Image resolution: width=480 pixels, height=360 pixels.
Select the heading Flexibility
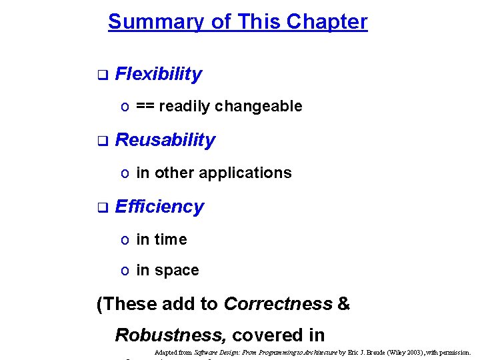158,74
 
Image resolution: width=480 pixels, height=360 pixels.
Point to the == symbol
145,106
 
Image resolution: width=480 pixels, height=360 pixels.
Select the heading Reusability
165,140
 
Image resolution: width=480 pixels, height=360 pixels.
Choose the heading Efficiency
159,207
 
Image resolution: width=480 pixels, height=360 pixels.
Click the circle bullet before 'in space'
125,271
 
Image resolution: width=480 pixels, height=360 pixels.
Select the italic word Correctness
278,304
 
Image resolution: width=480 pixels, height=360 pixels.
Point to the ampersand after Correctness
343,304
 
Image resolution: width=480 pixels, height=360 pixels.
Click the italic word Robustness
170,335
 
